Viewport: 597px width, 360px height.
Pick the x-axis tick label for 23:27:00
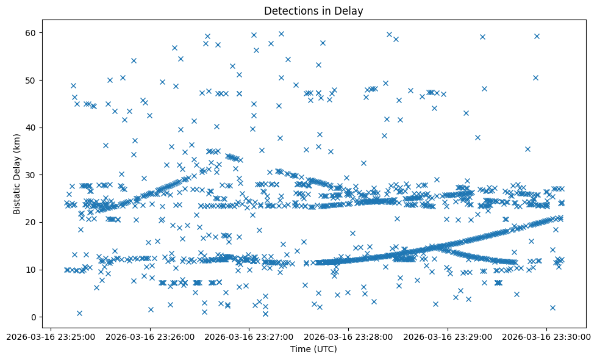[249, 336]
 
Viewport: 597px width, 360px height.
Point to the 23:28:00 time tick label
[348, 336]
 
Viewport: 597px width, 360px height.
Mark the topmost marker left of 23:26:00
[134, 60]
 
